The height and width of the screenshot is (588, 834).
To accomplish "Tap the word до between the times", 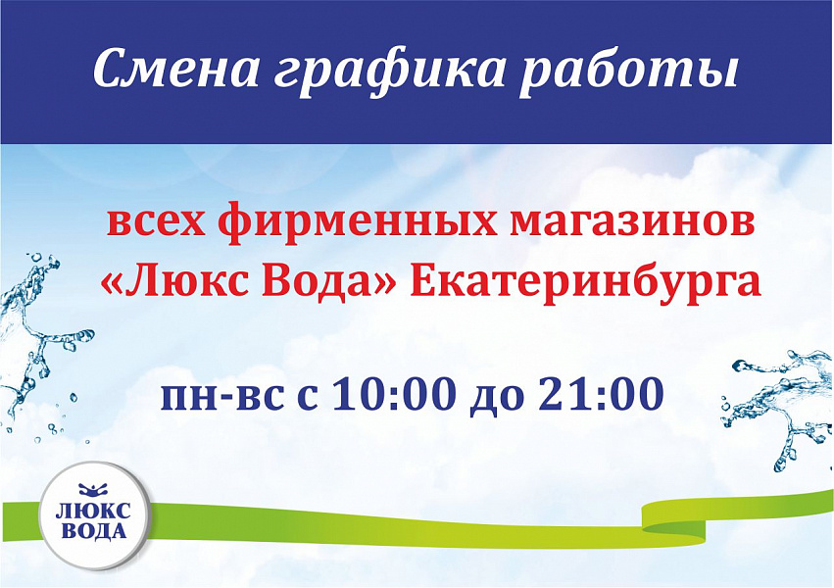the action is [x=497, y=399].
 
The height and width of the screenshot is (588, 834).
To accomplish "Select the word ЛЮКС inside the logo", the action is [x=93, y=512].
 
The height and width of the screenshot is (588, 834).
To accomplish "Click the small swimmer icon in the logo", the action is [x=93, y=490].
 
